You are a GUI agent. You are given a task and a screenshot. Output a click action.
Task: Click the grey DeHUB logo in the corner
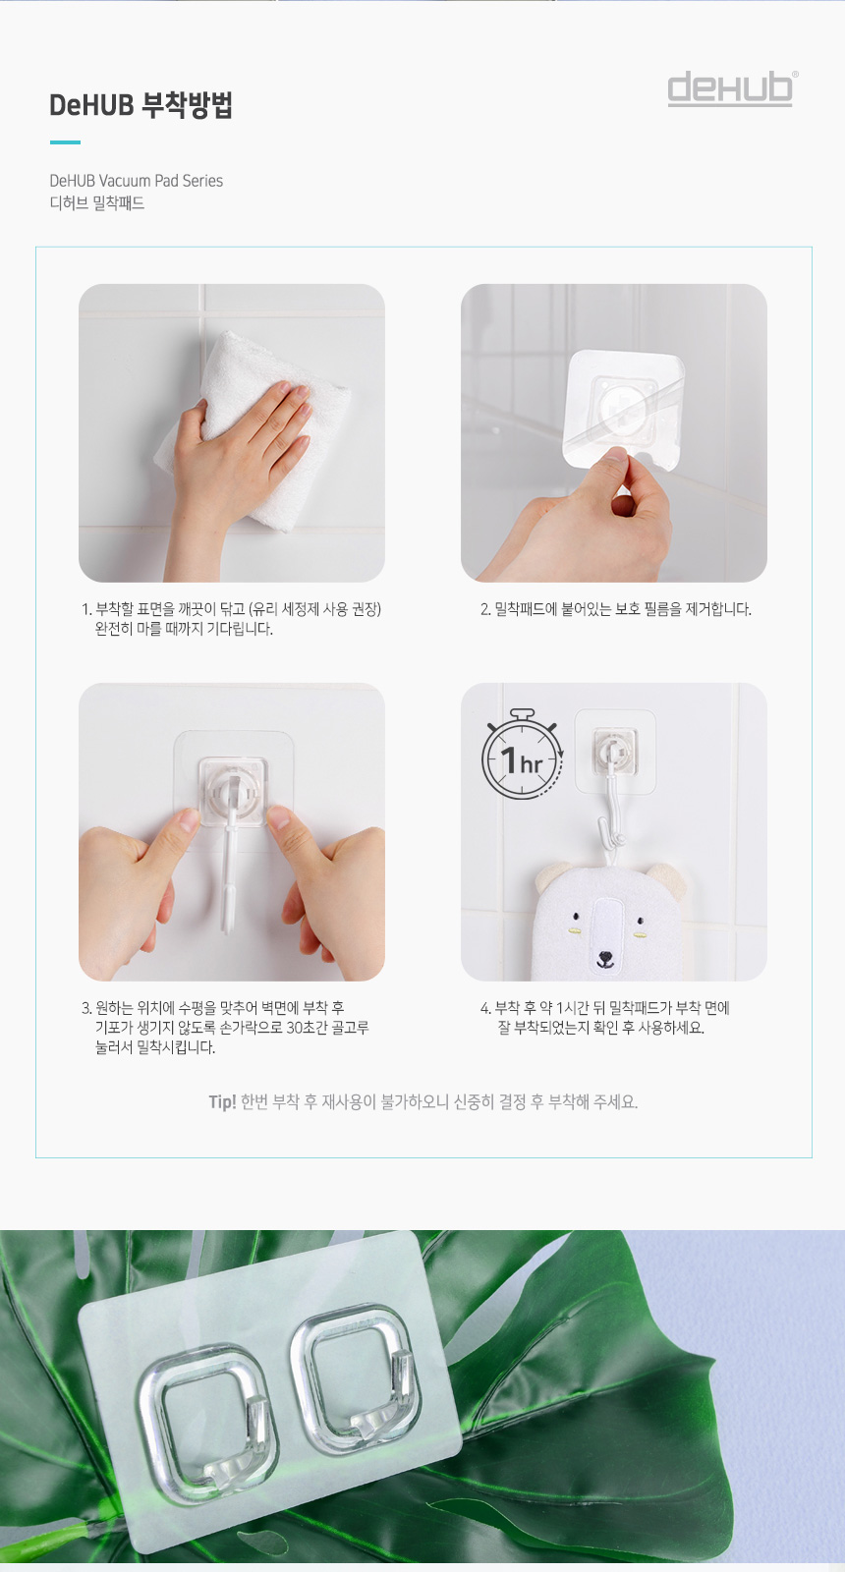coord(731,88)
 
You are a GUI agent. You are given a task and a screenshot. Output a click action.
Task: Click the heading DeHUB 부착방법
coord(141,104)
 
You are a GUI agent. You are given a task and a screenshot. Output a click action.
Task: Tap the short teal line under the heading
coord(65,142)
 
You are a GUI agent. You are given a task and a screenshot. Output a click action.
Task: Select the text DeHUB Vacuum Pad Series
coord(137,181)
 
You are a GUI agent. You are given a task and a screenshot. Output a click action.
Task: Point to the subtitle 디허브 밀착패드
coord(97,203)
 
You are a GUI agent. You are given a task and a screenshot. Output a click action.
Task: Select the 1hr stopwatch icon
coord(522,756)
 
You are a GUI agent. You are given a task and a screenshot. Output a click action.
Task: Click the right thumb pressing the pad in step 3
coord(289,829)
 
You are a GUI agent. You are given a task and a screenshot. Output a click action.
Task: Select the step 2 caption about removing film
coord(615,609)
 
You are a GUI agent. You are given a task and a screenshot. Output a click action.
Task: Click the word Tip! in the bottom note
coord(222,1101)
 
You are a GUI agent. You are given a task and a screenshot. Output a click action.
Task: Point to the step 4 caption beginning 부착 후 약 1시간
coord(605,1018)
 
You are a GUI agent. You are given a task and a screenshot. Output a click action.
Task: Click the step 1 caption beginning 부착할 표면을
coord(232,619)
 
